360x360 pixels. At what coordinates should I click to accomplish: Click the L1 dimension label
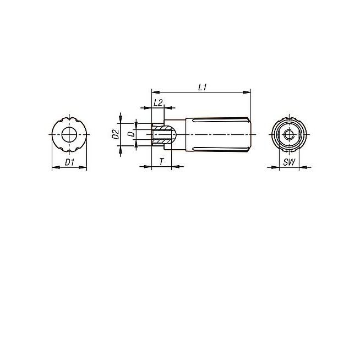pyautogui.click(x=203, y=87)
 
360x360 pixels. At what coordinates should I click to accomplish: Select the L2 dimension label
pyautogui.click(x=158, y=102)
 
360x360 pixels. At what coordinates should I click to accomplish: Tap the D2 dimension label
pyautogui.click(x=116, y=134)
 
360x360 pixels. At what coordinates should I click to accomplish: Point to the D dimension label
pyautogui.click(x=131, y=134)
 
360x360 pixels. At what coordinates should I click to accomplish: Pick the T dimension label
pyautogui.click(x=162, y=162)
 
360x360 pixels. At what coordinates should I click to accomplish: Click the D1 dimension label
pyautogui.click(x=69, y=162)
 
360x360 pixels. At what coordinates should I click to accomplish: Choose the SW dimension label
pyautogui.click(x=289, y=162)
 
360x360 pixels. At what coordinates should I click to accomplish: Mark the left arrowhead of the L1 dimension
pyautogui.click(x=155, y=92)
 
